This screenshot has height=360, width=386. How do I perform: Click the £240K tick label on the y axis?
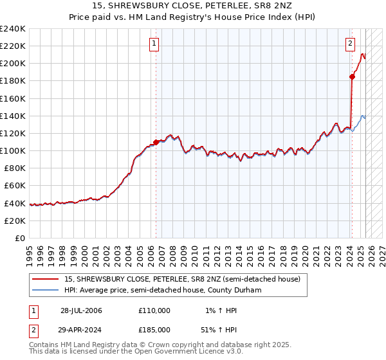pos(12,29)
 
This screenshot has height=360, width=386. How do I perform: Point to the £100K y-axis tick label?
pos(12,150)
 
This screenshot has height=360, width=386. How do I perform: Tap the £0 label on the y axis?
pos(20,238)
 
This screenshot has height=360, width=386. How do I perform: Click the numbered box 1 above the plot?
pos(155,44)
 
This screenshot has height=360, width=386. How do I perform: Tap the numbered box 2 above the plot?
pos(350,44)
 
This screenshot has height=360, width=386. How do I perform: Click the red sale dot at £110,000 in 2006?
pos(156,142)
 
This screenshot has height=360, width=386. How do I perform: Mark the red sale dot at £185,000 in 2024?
pos(352,76)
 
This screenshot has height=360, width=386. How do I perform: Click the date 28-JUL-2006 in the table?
pos(81,310)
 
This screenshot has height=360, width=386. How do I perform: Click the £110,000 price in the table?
pos(154,310)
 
